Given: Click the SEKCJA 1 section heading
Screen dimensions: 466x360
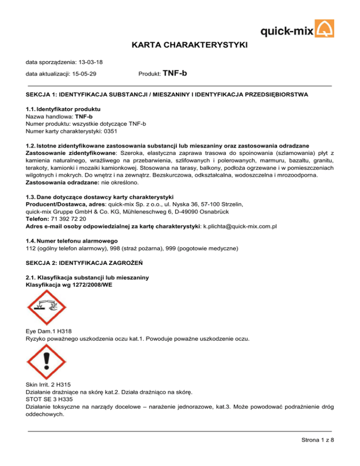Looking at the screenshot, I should point(166,95).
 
